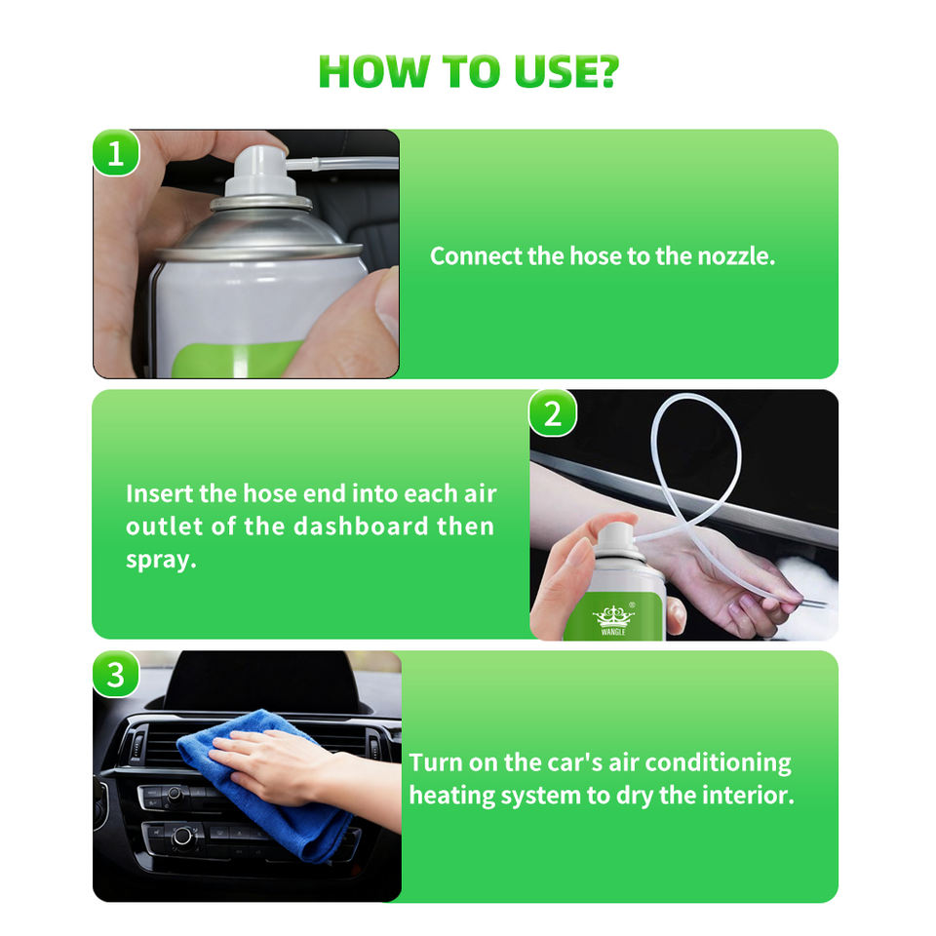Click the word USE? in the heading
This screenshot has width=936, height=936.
566,71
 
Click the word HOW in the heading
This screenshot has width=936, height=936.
373,71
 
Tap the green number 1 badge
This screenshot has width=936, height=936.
116,153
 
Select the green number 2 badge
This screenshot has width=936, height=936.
553,413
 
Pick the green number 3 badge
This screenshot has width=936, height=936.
116,675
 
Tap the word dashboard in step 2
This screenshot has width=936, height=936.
361,526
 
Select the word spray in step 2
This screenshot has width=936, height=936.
161,560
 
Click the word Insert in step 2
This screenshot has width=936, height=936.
159,493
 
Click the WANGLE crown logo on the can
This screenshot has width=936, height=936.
613,620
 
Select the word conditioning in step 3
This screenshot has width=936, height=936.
719,763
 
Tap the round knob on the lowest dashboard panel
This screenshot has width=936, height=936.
182,836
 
